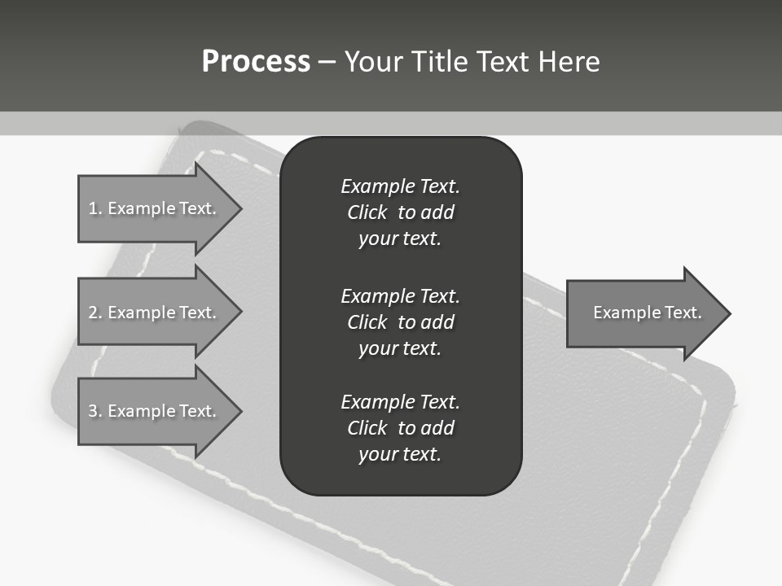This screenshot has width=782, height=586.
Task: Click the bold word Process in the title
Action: [x=256, y=62]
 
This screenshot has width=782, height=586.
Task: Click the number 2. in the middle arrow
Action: [x=94, y=313]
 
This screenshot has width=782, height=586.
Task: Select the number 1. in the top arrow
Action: [x=94, y=208]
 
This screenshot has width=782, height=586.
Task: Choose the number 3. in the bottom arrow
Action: [x=94, y=411]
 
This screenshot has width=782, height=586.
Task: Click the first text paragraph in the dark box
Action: [x=400, y=212]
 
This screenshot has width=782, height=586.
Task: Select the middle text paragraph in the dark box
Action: [x=400, y=322]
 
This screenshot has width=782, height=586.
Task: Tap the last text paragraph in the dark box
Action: [x=400, y=428]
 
